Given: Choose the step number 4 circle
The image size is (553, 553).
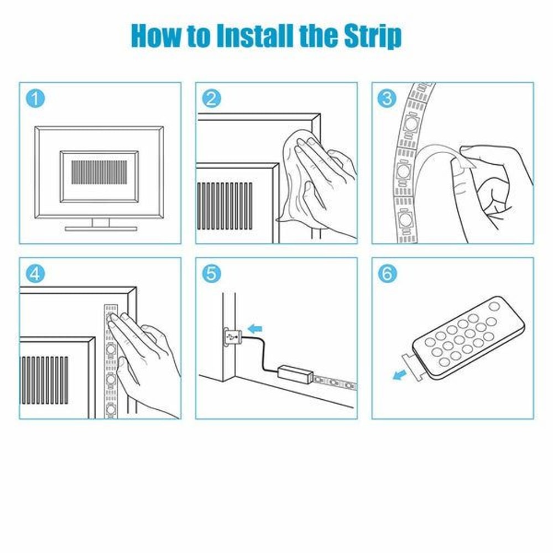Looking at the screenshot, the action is click(35, 273).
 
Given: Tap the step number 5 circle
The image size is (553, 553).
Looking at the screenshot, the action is click(212, 273).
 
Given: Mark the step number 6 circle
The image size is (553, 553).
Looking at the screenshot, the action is click(387, 273).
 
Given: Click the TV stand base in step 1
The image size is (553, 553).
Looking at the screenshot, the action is click(101, 228).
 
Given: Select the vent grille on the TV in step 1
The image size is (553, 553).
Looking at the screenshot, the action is click(99, 172).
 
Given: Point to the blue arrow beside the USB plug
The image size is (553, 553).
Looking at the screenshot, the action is click(255, 329).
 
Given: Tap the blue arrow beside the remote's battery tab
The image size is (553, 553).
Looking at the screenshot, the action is click(400, 375).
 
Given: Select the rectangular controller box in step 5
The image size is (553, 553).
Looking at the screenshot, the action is click(295, 373).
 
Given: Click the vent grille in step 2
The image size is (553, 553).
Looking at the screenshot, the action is click(225, 206).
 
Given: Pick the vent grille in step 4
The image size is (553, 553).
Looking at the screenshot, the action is click(45, 380).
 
